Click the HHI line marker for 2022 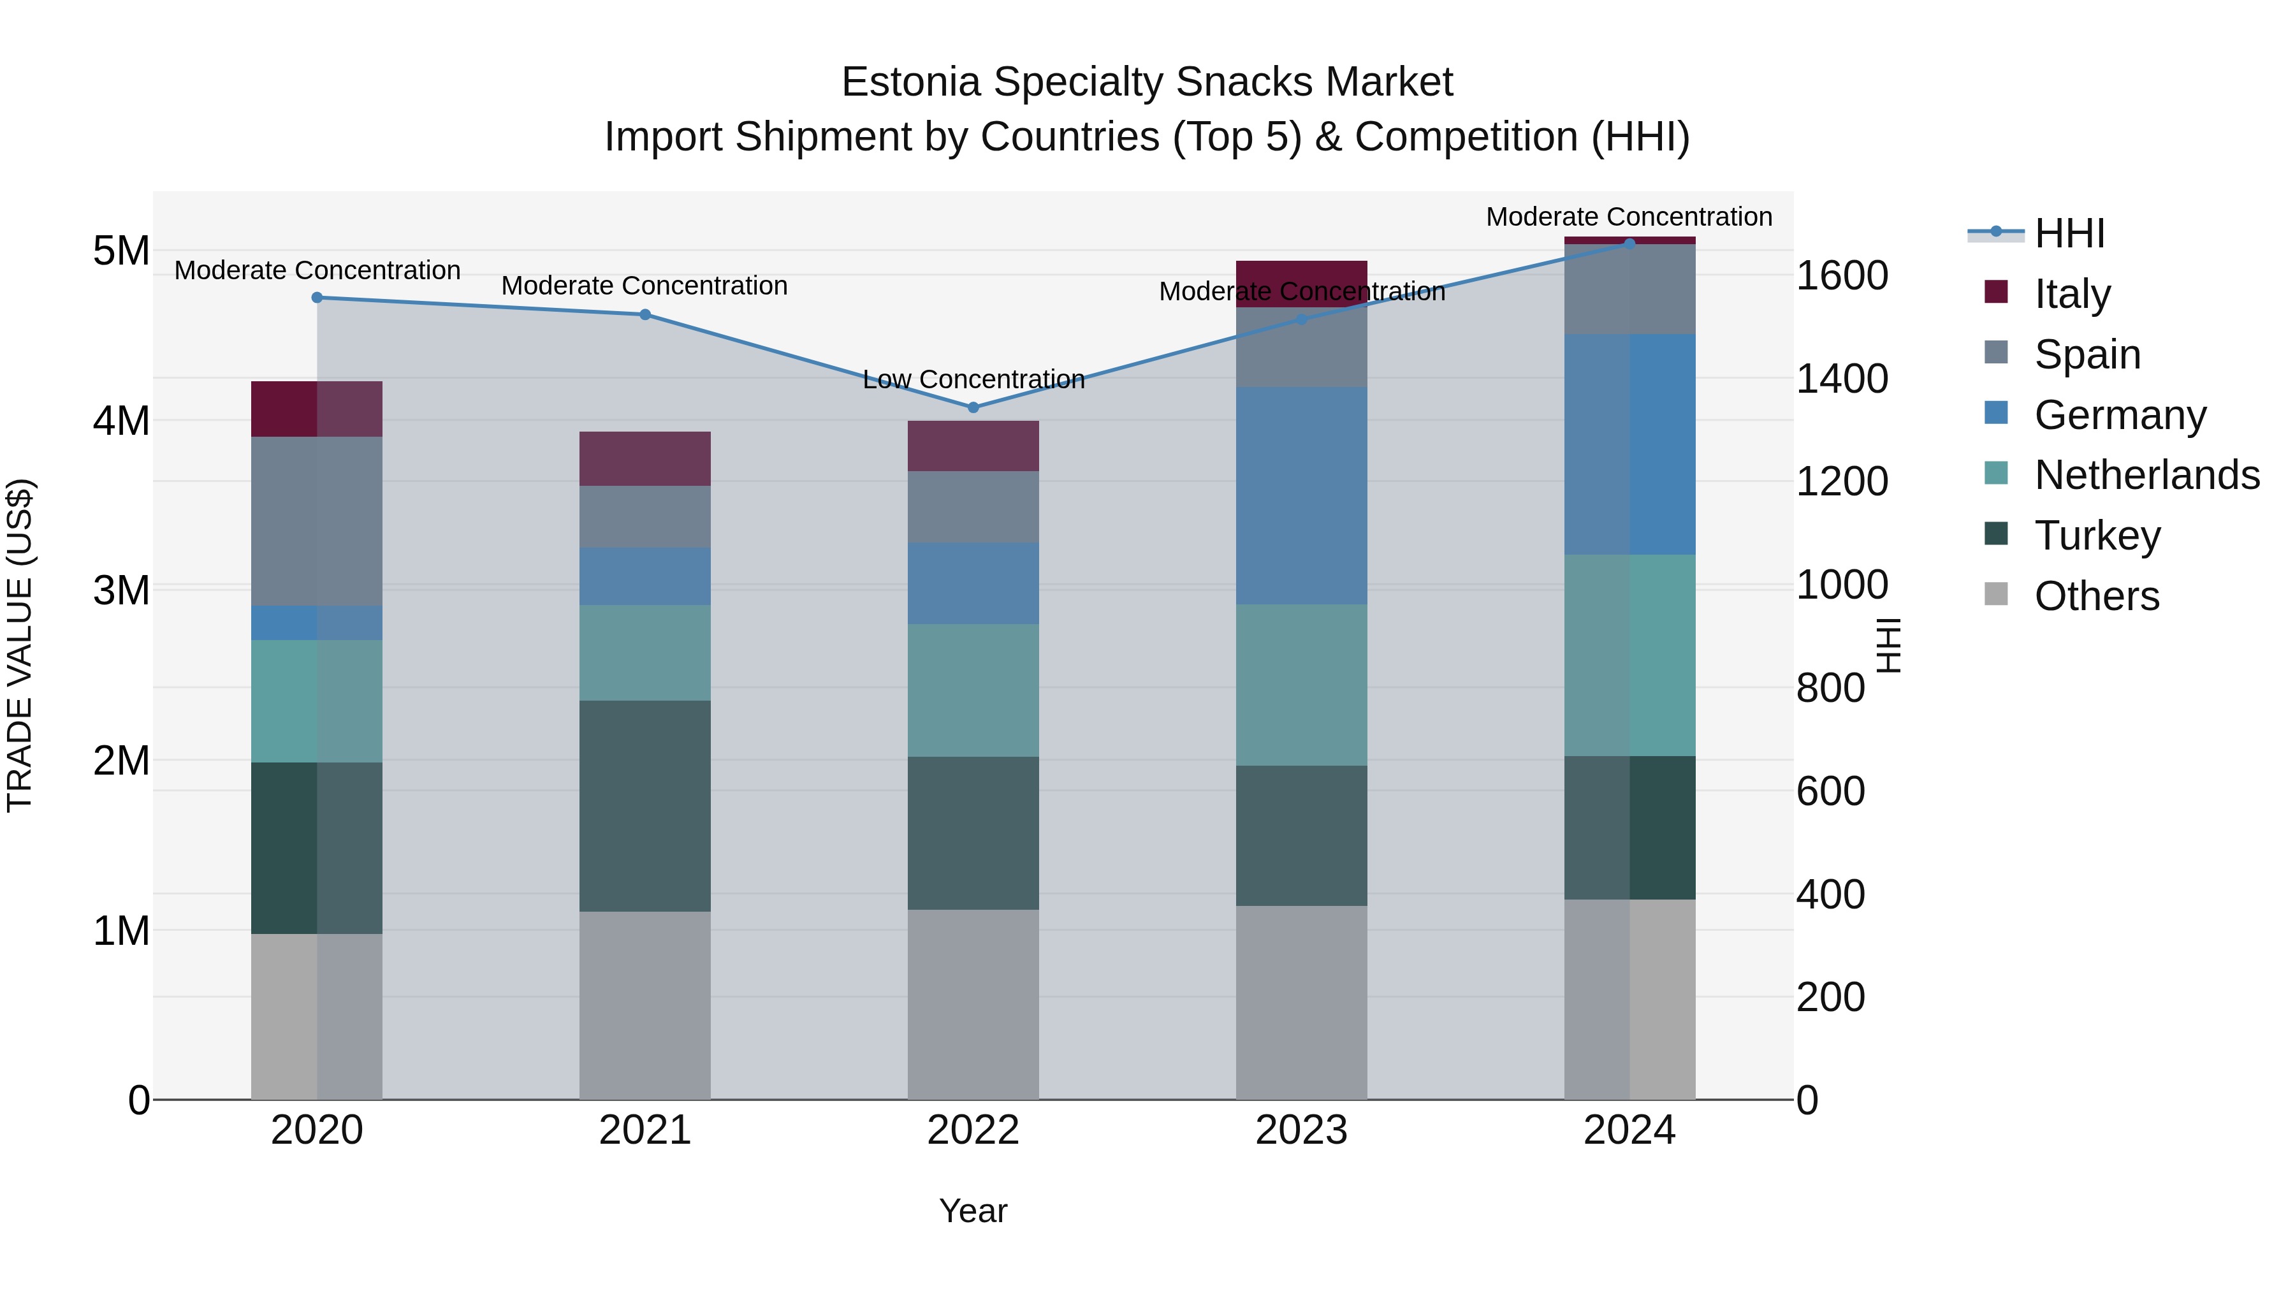pyautogui.click(x=973, y=407)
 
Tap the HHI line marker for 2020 pyautogui.click(x=317, y=298)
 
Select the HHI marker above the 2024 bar pyautogui.click(x=1629, y=244)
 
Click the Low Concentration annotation pyautogui.click(x=973, y=379)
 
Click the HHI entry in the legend pyautogui.click(x=2069, y=233)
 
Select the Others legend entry pyautogui.click(x=2096, y=596)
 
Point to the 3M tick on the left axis pyautogui.click(x=121, y=590)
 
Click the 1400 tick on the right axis pyautogui.click(x=1840, y=379)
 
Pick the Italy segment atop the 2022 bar pyautogui.click(x=973, y=446)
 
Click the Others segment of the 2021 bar pyautogui.click(x=645, y=1005)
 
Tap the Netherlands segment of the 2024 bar pyautogui.click(x=1629, y=655)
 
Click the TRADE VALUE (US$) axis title pyautogui.click(x=20, y=645)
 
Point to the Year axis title pyautogui.click(x=973, y=1211)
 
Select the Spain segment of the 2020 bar pyautogui.click(x=317, y=522)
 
